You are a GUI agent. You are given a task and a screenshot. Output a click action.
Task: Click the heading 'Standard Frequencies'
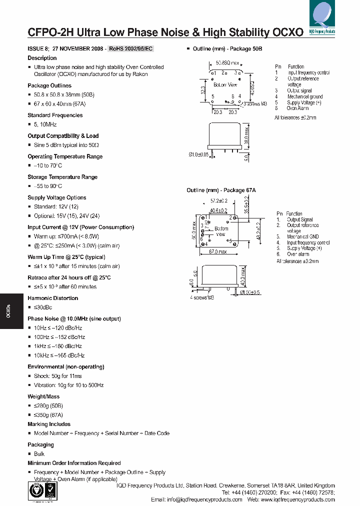pos(55,115)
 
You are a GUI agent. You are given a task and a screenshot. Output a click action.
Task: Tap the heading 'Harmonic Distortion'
pos(52,298)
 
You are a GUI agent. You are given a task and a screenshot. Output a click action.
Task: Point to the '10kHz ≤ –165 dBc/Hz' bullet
pos(59,355)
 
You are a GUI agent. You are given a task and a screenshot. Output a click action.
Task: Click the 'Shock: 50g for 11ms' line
pos(57,376)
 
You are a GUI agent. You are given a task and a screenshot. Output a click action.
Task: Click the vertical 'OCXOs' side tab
pos(8,311)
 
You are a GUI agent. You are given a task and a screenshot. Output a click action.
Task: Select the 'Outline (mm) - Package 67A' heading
pos(221,190)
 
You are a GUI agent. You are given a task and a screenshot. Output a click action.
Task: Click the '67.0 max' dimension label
pos(218,251)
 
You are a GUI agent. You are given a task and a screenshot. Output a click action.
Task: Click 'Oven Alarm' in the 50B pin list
pos(297,108)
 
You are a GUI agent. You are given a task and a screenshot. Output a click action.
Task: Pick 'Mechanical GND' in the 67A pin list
pos(302,236)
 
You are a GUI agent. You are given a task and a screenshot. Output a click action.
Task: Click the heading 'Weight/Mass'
pos(43,396)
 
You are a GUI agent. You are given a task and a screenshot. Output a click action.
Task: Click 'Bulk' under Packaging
pos(39,454)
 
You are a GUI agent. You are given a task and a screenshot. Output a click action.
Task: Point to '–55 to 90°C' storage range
pos(48,186)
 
